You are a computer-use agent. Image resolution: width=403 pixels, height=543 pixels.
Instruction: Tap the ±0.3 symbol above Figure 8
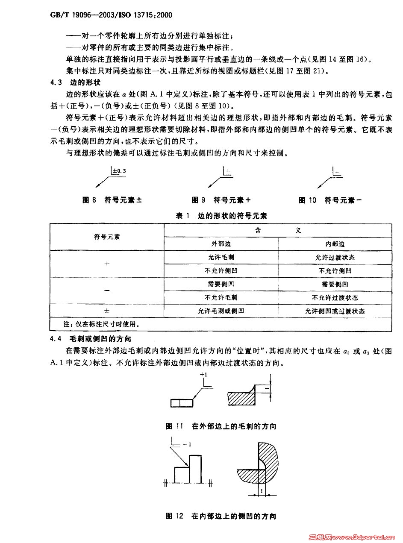[119, 171]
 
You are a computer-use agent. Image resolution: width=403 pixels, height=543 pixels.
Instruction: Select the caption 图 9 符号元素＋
[221, 200]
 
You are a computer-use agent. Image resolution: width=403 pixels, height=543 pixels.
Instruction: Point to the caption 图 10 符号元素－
[330, 200]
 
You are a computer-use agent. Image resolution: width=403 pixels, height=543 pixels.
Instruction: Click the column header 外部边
[221, 244]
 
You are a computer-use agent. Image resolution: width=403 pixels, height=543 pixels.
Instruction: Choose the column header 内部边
[335, 244]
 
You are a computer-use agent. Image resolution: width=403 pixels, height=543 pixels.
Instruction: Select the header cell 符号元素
[107, 237]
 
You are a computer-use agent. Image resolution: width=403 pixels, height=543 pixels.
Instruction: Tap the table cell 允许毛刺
[221, 257]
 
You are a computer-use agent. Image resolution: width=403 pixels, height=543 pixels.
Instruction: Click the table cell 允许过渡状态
[335, 257]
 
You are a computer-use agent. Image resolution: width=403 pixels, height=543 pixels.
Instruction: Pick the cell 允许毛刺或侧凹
[221, 311]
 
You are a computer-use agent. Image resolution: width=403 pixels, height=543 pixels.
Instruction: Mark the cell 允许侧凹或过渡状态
[335, 311]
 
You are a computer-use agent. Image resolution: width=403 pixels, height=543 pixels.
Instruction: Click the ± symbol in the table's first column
[107, 311]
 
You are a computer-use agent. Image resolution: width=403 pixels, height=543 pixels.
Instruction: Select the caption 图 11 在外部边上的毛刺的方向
[221, 426]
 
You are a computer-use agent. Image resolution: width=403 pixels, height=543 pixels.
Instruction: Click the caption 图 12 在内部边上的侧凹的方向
[221, 516]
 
